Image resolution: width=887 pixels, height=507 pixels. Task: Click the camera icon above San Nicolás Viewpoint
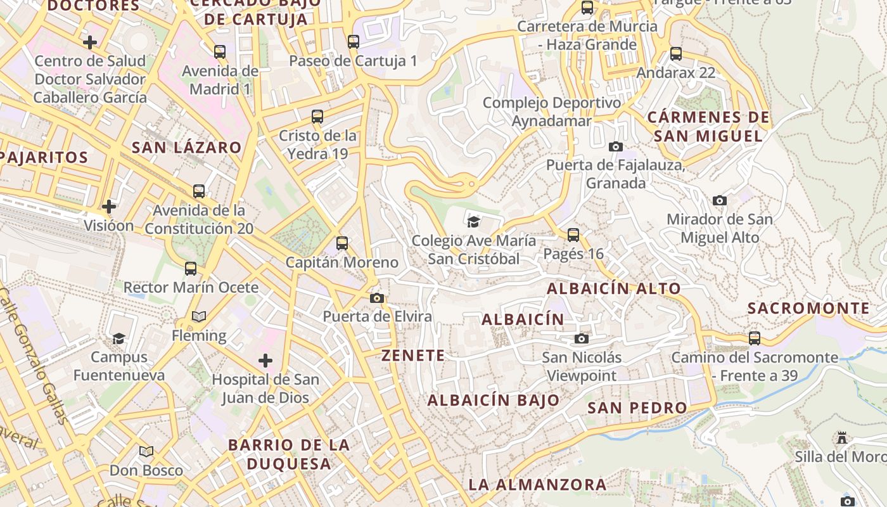pos(581,338)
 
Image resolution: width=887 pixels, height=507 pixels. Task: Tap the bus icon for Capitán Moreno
pos(342,243)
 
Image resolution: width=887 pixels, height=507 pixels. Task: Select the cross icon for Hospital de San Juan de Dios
pos(265,361)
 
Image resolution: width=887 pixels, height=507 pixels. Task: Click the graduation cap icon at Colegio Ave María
pos(473,221)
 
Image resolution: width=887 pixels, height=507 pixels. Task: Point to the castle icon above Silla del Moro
pos(842,437)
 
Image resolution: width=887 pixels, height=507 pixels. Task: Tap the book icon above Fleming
pos(199,316)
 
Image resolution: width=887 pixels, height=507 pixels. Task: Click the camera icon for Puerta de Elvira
pos(377,298)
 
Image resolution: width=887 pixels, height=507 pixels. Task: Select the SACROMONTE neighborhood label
pos(809,309)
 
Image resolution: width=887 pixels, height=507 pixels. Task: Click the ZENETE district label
pos(413,356)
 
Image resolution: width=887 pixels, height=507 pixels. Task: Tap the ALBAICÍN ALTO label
pos(613,288)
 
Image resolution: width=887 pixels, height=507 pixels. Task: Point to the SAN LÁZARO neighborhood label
pos(187,148)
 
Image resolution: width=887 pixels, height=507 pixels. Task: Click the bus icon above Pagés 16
pos(573,234)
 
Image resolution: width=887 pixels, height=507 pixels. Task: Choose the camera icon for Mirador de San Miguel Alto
pos(720,200)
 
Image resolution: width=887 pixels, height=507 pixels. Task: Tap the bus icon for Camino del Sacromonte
pos(754,338)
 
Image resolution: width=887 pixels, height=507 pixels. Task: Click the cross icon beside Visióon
pos(109,206)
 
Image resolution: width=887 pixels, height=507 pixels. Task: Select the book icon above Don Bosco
pos(146,451)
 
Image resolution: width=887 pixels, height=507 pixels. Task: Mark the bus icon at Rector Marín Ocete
pos(191,268)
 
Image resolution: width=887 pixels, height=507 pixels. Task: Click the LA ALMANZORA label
pos(537,485)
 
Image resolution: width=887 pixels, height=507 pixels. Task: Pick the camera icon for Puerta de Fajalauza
pos(615,146)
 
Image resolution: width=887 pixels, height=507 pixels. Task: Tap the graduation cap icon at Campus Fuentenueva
pos(118,338)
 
